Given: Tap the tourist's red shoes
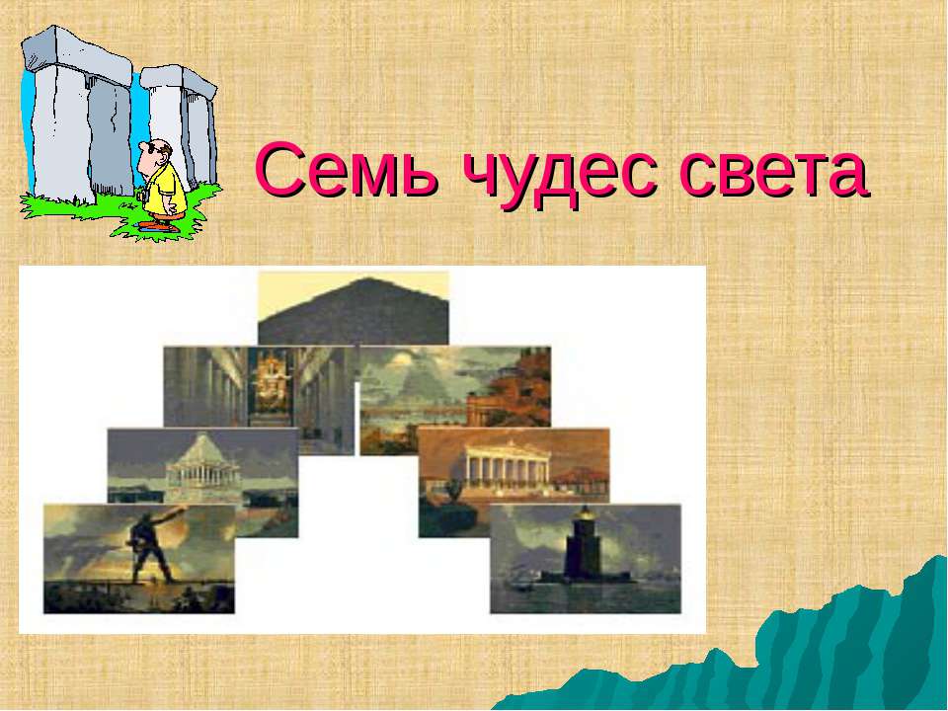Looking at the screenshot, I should pyautogui.click(x=158, y=224).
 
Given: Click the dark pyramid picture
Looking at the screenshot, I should pyautogui.click(x=354, y=311).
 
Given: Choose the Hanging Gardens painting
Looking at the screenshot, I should pyautogui.click(x=454, y=395).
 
